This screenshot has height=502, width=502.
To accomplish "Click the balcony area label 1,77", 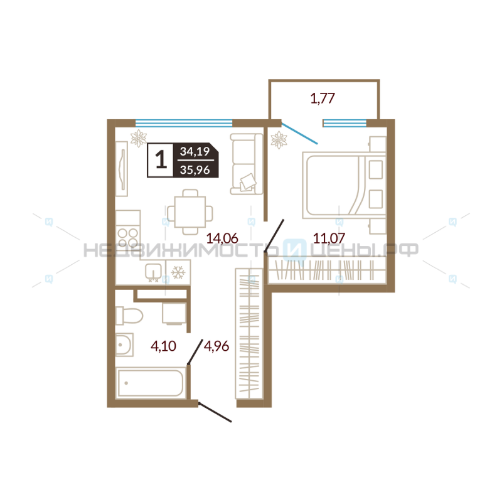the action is click(x=323, y=99).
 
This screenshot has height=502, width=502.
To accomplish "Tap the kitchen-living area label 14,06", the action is click(x=222, y=238).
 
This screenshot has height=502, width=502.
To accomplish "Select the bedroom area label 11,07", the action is click(x=329, y=238).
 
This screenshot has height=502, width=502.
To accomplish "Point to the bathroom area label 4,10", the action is click(x=163, y=346).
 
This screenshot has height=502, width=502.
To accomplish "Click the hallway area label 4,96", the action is click(x=216, y=346).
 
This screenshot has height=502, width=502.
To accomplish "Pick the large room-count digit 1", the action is click(x=161, y=160).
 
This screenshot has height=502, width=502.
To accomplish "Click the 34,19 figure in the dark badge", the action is click(x=195, y=151).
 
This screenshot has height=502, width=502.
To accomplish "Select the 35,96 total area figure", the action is click(x=195, y=169).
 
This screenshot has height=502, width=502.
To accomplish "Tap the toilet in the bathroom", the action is click(x=129, y=316).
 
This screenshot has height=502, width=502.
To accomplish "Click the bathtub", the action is click(x=151, y=383).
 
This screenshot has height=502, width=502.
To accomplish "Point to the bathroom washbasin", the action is click(x=124, y=344).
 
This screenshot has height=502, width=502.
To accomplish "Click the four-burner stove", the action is click(x=128, y=238).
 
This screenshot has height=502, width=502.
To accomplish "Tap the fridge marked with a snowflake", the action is click(x=178, y=272).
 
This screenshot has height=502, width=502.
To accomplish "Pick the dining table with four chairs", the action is click(x=190, y=212).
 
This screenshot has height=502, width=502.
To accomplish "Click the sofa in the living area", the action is click(x=247, y=164).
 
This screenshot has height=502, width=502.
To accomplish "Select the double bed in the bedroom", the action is click(x=344, y=186).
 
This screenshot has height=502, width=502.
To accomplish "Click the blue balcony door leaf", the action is click(x=300, y=134).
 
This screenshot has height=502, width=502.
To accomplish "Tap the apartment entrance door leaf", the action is click(x=215, y=412).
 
